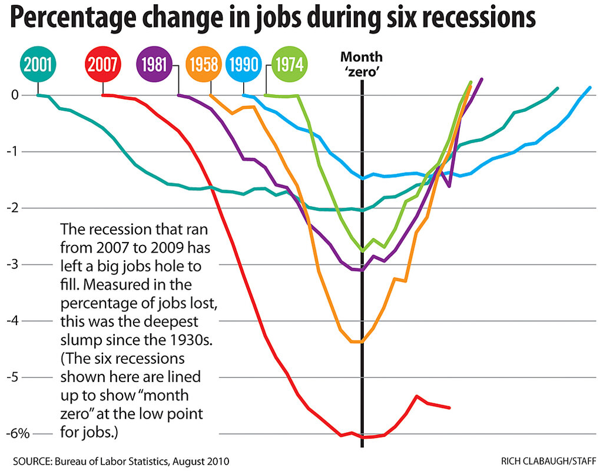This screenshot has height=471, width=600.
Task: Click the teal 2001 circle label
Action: pos(38,63)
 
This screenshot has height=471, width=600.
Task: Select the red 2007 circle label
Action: pos(102,63)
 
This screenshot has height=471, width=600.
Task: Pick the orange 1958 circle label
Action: pos(203,63)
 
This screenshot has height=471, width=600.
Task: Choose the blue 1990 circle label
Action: pos(244,63)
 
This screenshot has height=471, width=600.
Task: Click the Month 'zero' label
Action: pos(362,64)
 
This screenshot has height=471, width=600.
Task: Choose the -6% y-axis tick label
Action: pos(18,434)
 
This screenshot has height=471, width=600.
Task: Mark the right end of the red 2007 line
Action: pos(449,407)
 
